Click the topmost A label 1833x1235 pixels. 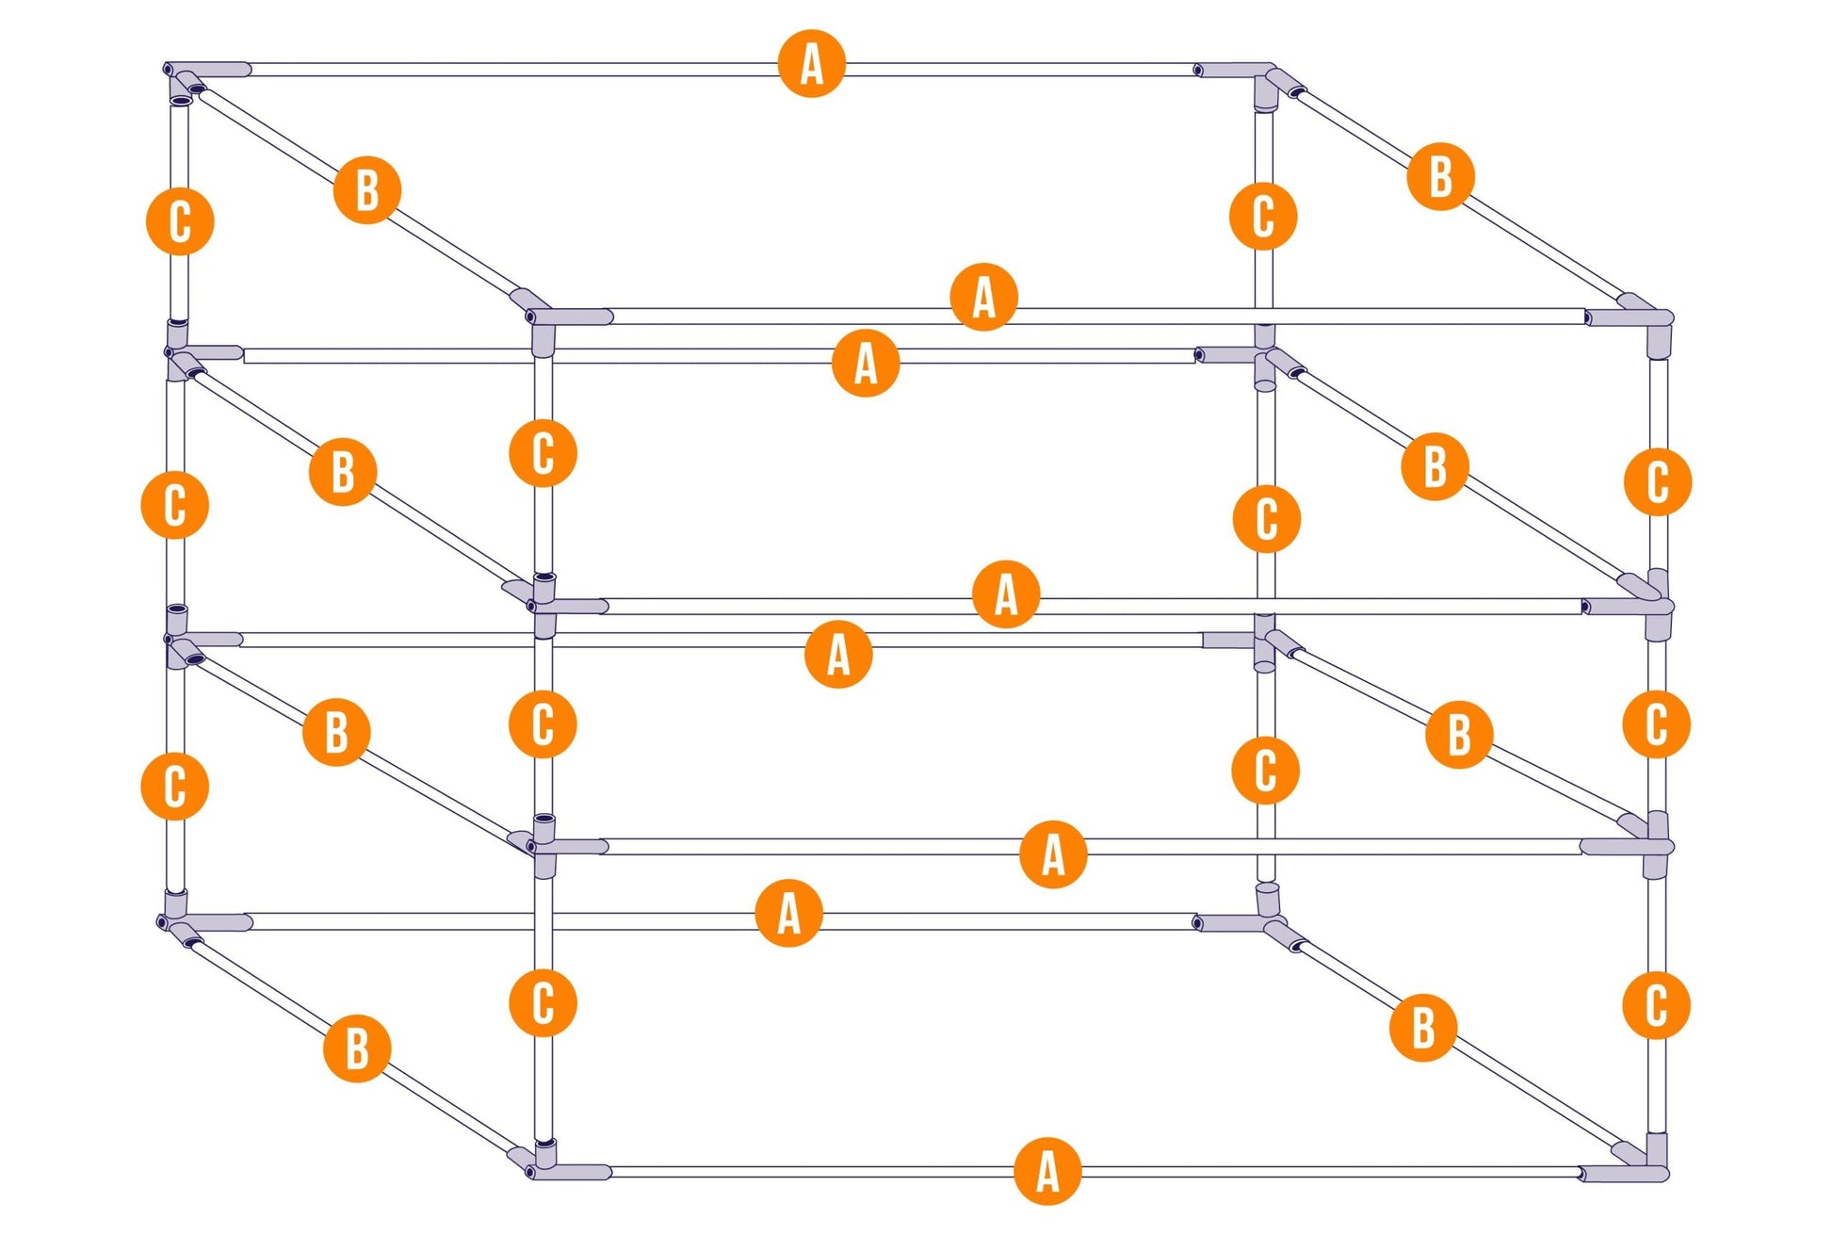coord(812,64)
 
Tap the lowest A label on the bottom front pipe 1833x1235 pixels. coord(1048,1172)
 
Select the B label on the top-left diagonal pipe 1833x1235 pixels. coord(367,189)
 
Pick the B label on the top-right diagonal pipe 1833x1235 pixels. coord(1440,176)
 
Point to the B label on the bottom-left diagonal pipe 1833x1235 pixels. coord(357,1048)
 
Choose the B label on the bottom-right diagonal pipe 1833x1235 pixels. coord(1423,1027)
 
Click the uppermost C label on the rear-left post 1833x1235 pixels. coord(180,221)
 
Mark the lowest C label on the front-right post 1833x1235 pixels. coord(1657,1005)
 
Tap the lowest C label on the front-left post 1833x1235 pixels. coord(543,1002)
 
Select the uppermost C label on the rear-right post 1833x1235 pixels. coord(1263,216)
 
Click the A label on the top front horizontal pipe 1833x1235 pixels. coord(984,297)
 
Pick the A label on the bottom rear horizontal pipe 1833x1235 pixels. coord(789,913)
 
